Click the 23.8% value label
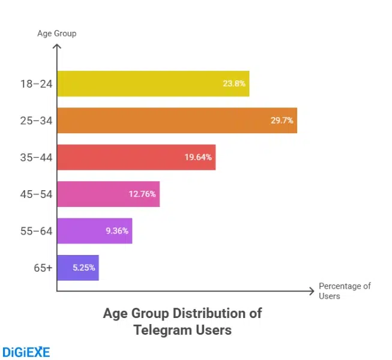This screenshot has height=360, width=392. click(x=234, y=84)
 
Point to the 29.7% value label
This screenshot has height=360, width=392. click(x=282, y=121)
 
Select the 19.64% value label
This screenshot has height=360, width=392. click(x=198, y=157)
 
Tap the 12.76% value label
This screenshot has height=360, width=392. click(x=142, y=194)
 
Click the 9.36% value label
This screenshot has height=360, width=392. click(x=116, y=230)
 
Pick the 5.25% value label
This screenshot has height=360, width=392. click(x=83, y=268)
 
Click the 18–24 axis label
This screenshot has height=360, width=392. click(x=37, y=84)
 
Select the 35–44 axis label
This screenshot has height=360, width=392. click(x=37, y=157)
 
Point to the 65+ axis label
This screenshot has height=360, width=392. click(x=43, y=268)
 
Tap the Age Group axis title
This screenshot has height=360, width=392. click(x=56, y=34)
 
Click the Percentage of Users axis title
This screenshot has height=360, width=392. click(x=345, y=291)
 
